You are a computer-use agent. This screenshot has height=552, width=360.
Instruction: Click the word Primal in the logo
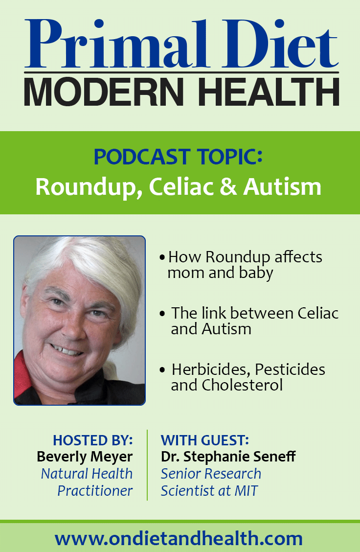click(116, 44)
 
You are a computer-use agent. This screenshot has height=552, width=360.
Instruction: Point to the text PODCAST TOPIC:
click(178, 157)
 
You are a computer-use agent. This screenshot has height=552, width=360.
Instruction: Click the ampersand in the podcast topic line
click(228, 186)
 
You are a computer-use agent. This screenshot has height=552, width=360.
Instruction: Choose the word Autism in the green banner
click(282, 186)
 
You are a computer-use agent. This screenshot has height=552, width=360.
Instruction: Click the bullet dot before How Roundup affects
click(162, 257)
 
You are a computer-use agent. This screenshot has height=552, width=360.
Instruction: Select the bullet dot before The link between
click(162, 313)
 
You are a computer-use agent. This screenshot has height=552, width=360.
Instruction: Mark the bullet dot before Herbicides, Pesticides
click(162, 369)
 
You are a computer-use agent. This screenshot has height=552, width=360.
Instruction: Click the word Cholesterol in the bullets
click(242, 385)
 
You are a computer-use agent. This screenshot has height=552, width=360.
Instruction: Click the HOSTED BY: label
click(92, 440)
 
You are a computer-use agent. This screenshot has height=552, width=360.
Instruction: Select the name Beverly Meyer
click(85, 457)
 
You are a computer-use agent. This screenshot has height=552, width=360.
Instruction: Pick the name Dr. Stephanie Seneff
click(228, 457)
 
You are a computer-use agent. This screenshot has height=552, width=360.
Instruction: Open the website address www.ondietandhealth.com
click(179, 539)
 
